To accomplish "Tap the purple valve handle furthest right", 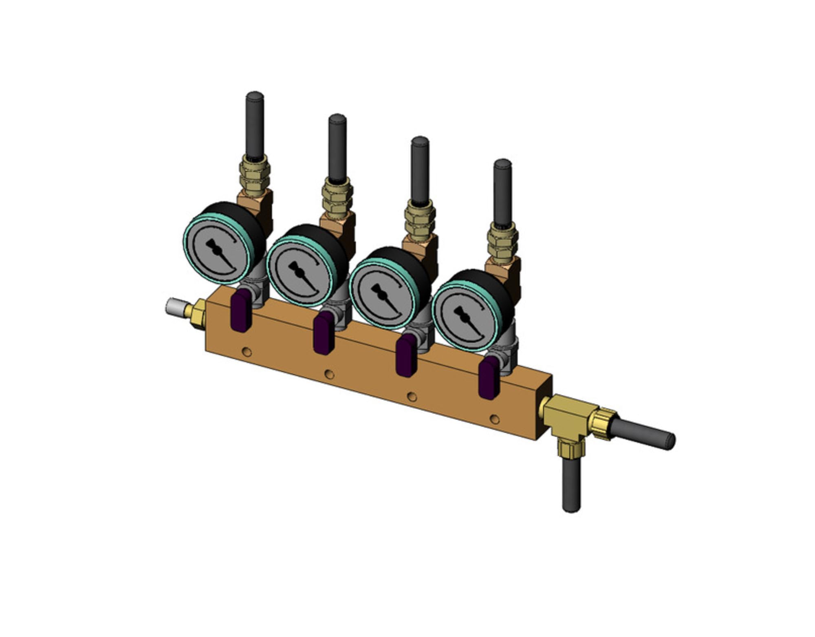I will click(x=487, y=379).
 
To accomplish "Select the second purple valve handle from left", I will click(x=323, y=333).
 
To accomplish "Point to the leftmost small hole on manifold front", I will click(x=247, y=351).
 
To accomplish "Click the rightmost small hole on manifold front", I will click(x=495, y=419).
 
